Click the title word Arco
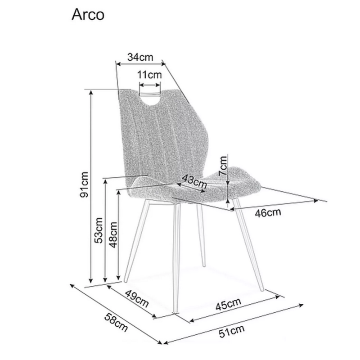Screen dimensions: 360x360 pos(88,15)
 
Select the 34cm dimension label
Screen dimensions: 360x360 pos(140,57)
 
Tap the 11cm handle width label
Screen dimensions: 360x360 pos(149,75)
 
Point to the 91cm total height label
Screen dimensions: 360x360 pos(84,184)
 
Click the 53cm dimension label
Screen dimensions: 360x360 pos(99,230)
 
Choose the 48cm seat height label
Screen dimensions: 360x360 pos(113,235)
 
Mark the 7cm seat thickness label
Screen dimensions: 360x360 pos(223,165)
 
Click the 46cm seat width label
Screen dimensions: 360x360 pos(268,212)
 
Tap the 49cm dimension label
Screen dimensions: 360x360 pos(137,298)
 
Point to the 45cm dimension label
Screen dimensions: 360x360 pos(228,304)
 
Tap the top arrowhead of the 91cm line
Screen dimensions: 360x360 pos(91,92)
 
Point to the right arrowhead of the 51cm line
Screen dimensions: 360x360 pos(301,305)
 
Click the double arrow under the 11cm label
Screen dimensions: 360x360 pos(150,85)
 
